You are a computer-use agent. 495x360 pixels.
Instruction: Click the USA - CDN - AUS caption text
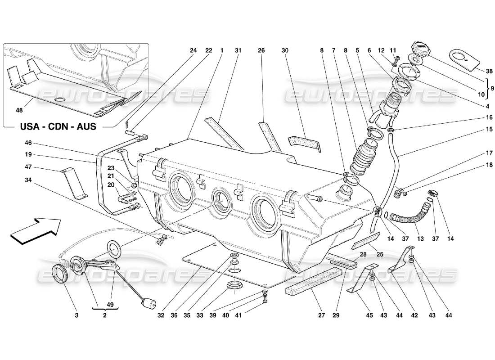click(x=58, y=126)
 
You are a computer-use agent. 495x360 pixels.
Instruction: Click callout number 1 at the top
click(x=222, y=50)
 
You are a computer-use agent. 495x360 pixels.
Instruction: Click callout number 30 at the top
click(x=284, y=50)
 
